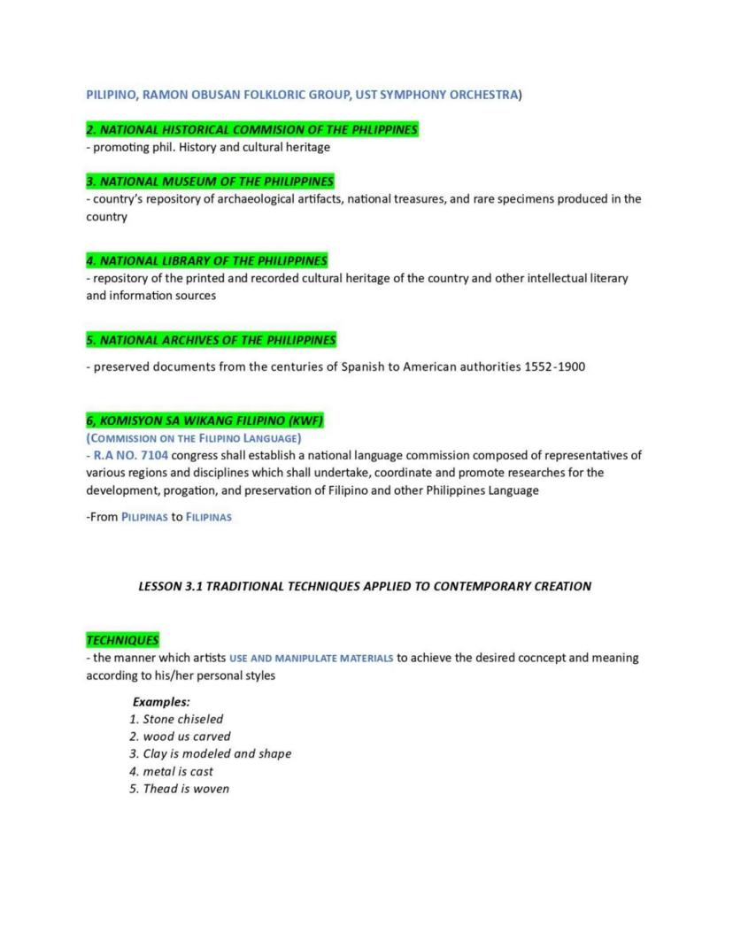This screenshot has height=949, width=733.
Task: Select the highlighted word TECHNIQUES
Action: pos(122,640)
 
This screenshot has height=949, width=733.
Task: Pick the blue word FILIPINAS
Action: pos(209,517)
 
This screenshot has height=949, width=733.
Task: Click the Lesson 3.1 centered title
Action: pos(366,586)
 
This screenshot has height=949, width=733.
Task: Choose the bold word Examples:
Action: pos(155,702)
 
